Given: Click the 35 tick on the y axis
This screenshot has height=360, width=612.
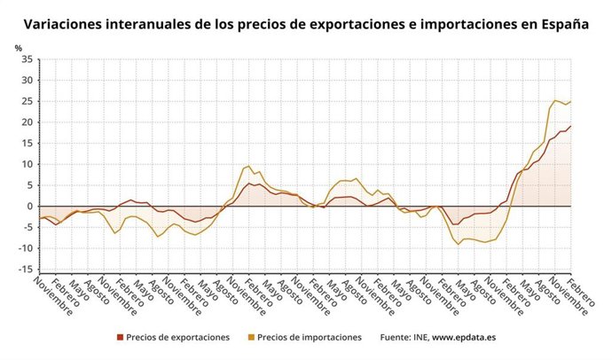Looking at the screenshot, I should [x=27, y=59].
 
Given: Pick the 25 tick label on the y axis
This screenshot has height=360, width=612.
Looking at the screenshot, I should [x=27, y=101].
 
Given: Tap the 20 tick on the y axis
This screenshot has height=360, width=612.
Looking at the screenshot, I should [x=27, y=122].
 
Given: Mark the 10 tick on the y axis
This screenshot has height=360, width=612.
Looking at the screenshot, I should [x=27, y=164].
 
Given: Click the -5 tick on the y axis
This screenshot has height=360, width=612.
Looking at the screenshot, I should [x=27, y=227].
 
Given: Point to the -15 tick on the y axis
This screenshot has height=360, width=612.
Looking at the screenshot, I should [x=25, y=269].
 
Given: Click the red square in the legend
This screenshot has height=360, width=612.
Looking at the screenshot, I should [x=120, y=337].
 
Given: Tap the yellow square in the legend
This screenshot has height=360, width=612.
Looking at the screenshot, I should [x=252, y=337].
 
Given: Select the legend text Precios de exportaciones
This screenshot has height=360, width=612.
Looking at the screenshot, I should [x=177, y=337].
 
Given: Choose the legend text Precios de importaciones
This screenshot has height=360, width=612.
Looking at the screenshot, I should [x=310, y=337].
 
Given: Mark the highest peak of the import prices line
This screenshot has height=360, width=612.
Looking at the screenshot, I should [x=555, y=100].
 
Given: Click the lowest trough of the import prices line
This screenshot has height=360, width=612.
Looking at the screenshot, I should [x=459, y=244].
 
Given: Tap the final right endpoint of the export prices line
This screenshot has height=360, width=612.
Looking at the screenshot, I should [x=570, y=125].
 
